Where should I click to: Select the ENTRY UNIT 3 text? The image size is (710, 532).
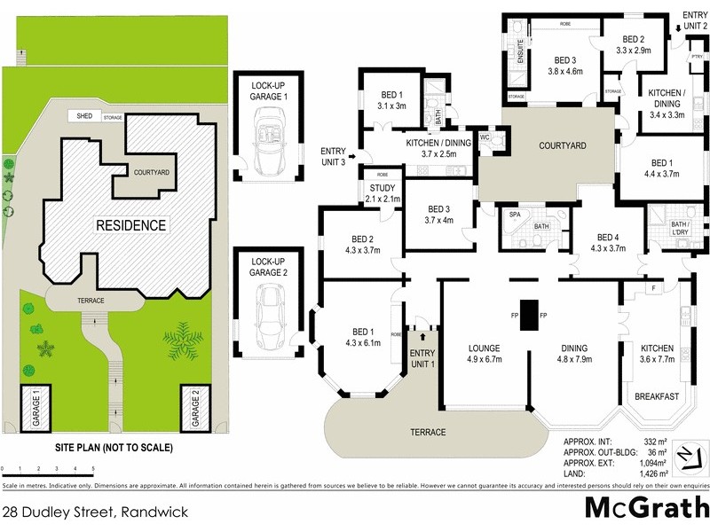(333, 157)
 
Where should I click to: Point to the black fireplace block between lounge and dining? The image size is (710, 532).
(528, 315)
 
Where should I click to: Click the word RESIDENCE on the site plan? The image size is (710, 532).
(131, 225)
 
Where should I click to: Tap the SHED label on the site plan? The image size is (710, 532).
(84, 116)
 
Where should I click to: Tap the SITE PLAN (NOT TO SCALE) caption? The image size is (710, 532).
(114, 448)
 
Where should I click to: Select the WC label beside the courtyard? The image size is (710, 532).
(485, 138)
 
